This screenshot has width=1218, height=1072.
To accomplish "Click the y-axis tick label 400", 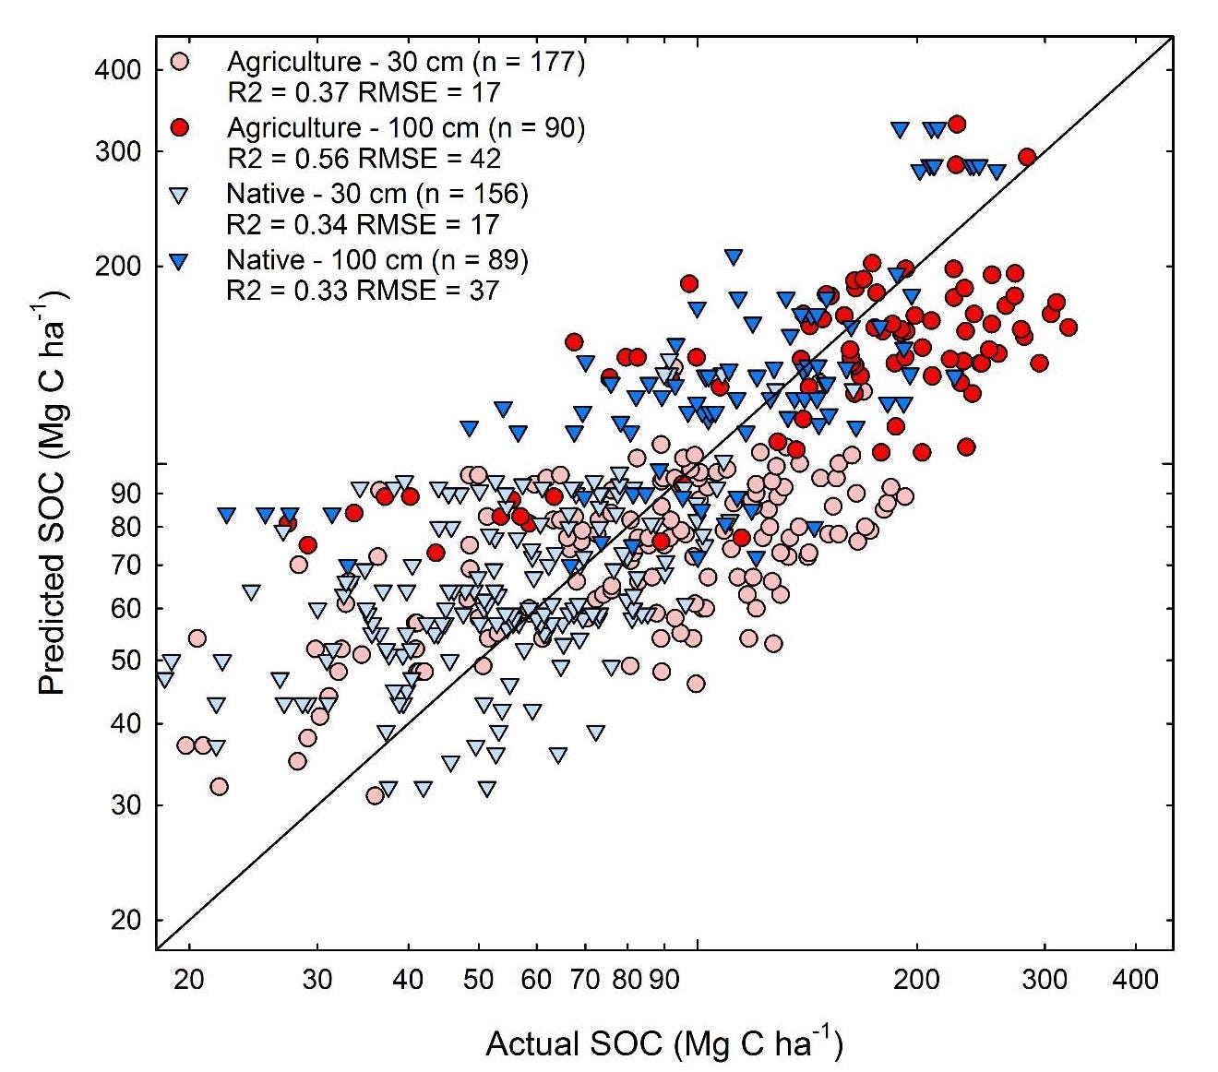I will pos(117,70).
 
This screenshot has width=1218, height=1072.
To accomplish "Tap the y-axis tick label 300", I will pos(117,151).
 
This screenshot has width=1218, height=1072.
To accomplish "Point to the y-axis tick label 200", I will pos(117,267).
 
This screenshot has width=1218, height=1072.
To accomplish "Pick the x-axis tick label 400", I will pos(1135,978).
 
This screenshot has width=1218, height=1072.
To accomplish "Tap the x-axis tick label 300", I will pos(1045,978).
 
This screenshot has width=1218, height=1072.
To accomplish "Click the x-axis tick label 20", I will pos(189,978).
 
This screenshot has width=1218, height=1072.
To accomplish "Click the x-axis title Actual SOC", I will pos(663,1042).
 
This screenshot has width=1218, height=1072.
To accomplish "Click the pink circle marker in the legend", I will pos(180,63).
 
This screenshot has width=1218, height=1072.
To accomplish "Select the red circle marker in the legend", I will pos(180,128).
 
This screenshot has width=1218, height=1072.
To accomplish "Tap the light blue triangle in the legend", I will pos(180,195).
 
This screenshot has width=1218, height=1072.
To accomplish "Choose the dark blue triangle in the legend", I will pos(180,261).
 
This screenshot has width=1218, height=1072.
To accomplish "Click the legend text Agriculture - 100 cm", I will pos(406,127).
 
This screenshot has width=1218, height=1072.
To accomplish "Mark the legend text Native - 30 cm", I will pos(377,194).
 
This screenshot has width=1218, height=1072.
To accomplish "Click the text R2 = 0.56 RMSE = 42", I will pos(364,159).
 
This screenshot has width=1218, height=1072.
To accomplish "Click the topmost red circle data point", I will pos(957,124).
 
